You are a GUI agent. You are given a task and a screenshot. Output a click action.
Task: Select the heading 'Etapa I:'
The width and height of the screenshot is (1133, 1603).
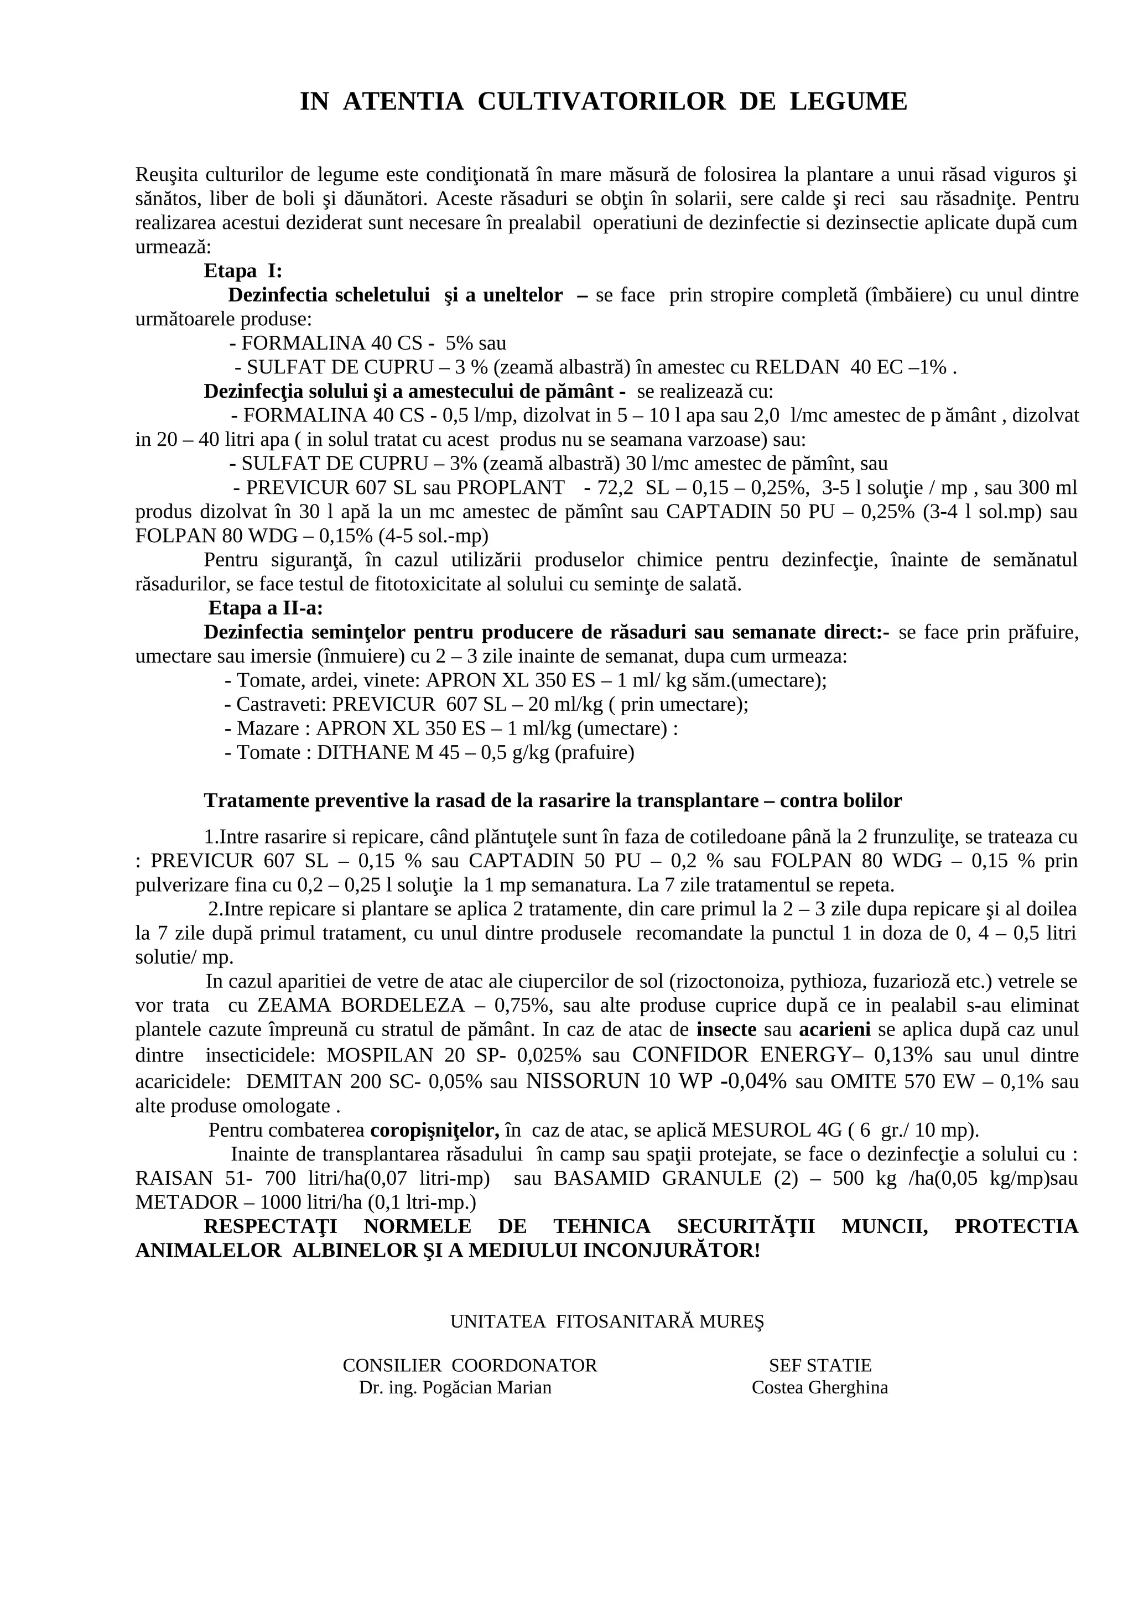point(243,271)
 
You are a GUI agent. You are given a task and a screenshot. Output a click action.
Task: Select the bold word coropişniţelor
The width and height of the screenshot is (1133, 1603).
point(434,1130)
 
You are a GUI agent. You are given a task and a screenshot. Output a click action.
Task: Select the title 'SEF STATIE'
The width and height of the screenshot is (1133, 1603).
point(820,1365)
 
